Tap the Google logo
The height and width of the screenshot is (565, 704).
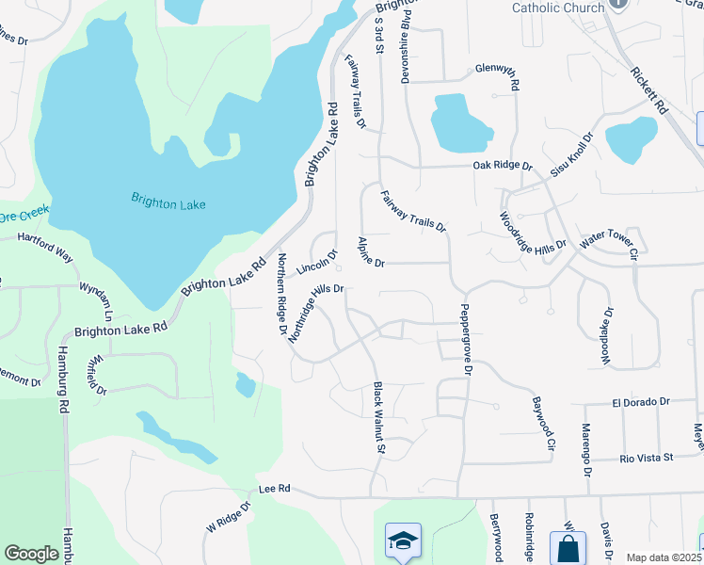31,554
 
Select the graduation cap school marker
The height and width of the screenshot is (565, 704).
403,541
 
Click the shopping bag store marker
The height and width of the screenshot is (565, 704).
568,548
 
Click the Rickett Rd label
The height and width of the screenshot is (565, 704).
649,89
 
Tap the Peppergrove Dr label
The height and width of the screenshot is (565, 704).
465,340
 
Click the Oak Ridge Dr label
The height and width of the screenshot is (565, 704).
503,166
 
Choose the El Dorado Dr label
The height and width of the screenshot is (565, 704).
640,401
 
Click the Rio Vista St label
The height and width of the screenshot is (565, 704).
647,458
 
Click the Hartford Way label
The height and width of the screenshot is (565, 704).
44,247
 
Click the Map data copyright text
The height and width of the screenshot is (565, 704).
664,557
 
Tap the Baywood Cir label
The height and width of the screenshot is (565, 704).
539,423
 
